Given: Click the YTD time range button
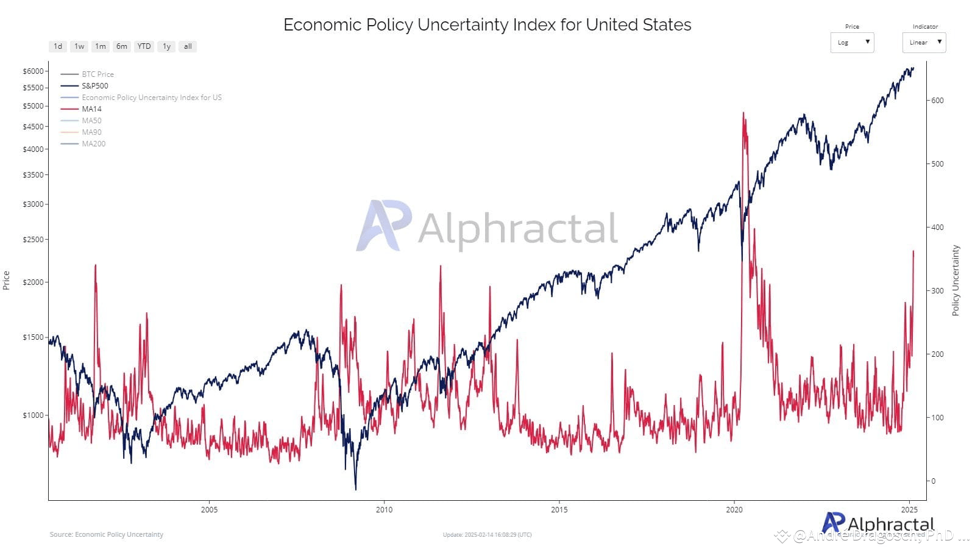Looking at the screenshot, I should (x=144, y=46).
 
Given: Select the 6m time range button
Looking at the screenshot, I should (x=122, y=46).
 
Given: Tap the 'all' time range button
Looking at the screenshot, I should (x=188, y=46).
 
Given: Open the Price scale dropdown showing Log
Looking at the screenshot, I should (x=852, y=42).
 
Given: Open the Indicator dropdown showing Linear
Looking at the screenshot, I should (x=924, y=42).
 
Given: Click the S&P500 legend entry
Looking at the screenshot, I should (x=94, y=86).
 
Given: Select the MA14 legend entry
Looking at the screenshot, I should (x=91, y=109).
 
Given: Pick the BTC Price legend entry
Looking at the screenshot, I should (x=97, y=74).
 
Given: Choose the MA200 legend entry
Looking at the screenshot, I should (x=93, y=144).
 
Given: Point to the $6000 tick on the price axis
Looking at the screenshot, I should (x=33, y=71).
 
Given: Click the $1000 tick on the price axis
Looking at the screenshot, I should (x=33, y=415).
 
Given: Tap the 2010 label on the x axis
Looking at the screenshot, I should (x=384, y=510).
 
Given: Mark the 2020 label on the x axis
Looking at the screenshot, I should (x=734, y=510).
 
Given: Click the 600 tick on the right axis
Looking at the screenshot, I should (x=937, y=101).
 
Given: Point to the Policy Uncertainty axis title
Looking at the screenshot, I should (x=955, y=281).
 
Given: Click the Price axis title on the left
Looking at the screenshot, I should (x=6, y=281).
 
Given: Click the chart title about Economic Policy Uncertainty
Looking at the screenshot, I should (x=487, y=25).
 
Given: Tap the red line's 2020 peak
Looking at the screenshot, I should (x=743, y=113).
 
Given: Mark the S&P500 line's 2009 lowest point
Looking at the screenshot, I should (x=355, y=489).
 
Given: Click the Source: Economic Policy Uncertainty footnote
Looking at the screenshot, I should (x=107, y=534).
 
